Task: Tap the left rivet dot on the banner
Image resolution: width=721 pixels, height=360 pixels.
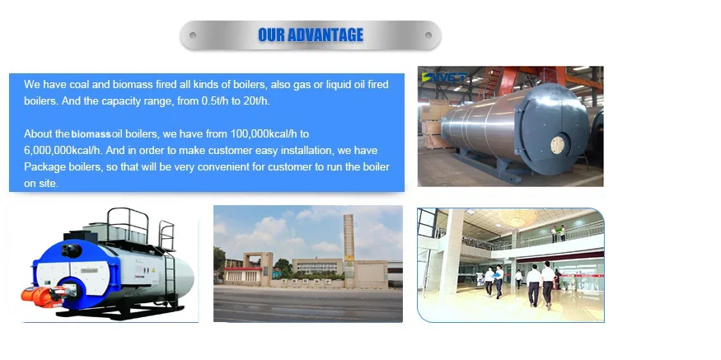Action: (x=193, y=35)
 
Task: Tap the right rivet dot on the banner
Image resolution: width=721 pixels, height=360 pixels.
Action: (x=428, y=35)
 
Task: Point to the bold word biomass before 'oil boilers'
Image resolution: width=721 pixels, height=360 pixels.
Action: (x=96, y=133)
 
